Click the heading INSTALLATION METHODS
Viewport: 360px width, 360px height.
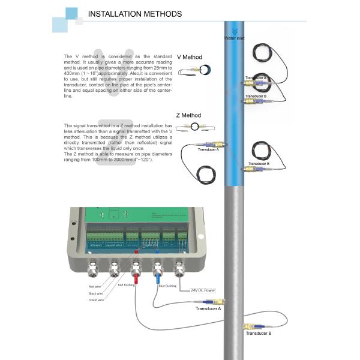click(134, 14)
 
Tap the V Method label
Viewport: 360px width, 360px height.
click(189, 57)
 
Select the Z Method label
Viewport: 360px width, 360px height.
click(189, 115)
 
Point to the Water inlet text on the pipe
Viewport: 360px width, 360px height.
click(234, 38)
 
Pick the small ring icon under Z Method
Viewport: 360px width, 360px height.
click(196, 126)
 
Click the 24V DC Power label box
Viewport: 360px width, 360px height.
click(202, 290)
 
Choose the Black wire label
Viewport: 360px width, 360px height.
click(96, 293)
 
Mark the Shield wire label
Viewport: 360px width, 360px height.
click(97, 299)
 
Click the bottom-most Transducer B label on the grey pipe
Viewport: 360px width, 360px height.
click(257, 333)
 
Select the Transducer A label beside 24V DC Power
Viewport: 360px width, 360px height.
click(209, 308)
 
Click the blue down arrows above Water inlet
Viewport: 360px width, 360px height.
click(233, 29)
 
